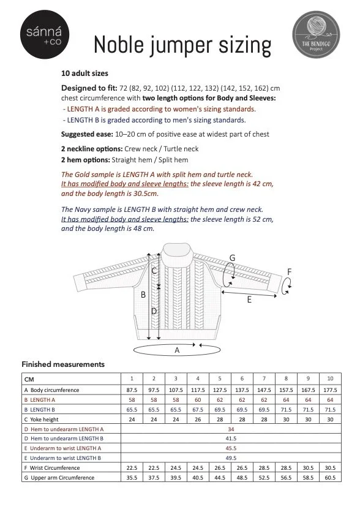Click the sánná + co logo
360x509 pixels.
[45, 34]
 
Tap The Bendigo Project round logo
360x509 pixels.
[316, 34]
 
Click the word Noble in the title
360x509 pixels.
[119, 45]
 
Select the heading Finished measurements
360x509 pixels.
[63, 364]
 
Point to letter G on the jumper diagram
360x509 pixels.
[232, 258]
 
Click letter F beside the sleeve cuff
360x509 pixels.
[289, 272]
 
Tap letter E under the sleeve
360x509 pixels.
[249, 300]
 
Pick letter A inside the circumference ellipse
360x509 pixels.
[177, 350]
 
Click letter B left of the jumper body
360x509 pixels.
[143, 295]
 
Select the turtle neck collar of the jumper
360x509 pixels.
[178, 255]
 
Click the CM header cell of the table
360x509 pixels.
[29, 379]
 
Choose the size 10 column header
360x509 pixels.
[330, 379]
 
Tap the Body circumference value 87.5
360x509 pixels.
[132, 390]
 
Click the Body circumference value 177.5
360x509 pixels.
[330, 390]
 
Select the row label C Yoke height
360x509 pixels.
[41, 420]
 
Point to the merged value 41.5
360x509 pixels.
[231, 439]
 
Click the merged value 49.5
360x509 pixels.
[231, 458]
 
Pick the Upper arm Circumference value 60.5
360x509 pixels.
[330, 478]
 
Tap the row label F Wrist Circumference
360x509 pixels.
[52, 468]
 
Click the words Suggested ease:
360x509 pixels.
[87, 134]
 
